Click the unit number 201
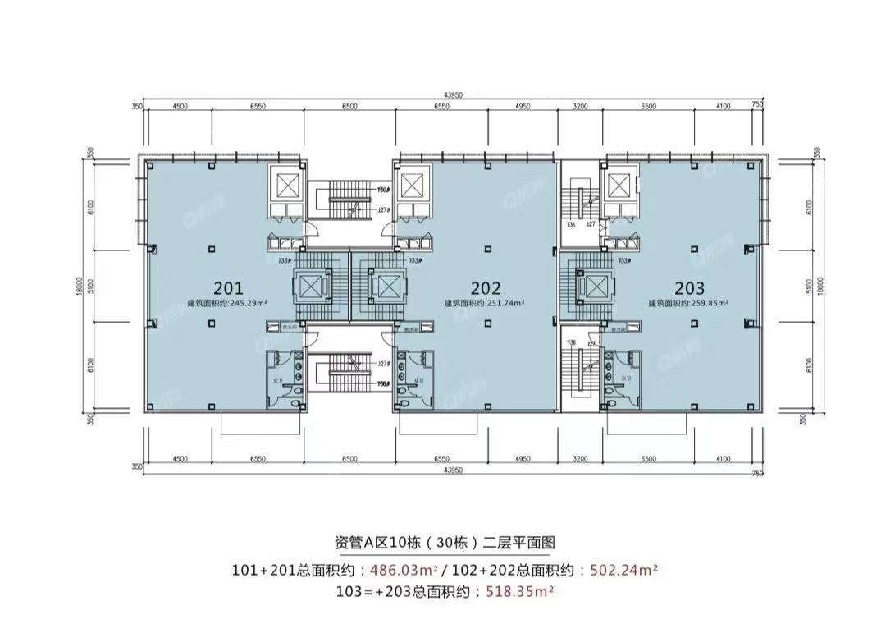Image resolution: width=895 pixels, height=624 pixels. [x=227, y=288]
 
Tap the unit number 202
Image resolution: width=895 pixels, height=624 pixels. [x=486, y=288]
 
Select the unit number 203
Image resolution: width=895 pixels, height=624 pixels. [x=689, y=288]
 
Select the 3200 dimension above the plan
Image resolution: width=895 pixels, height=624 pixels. [x=581, y=106]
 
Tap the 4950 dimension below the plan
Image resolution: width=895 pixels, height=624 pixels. [x=524, y=461]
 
